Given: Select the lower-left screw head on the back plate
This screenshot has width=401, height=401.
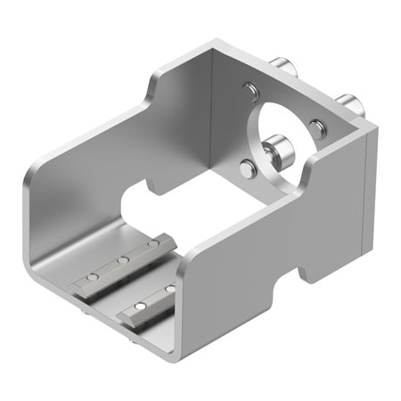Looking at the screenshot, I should coord(247,166).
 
